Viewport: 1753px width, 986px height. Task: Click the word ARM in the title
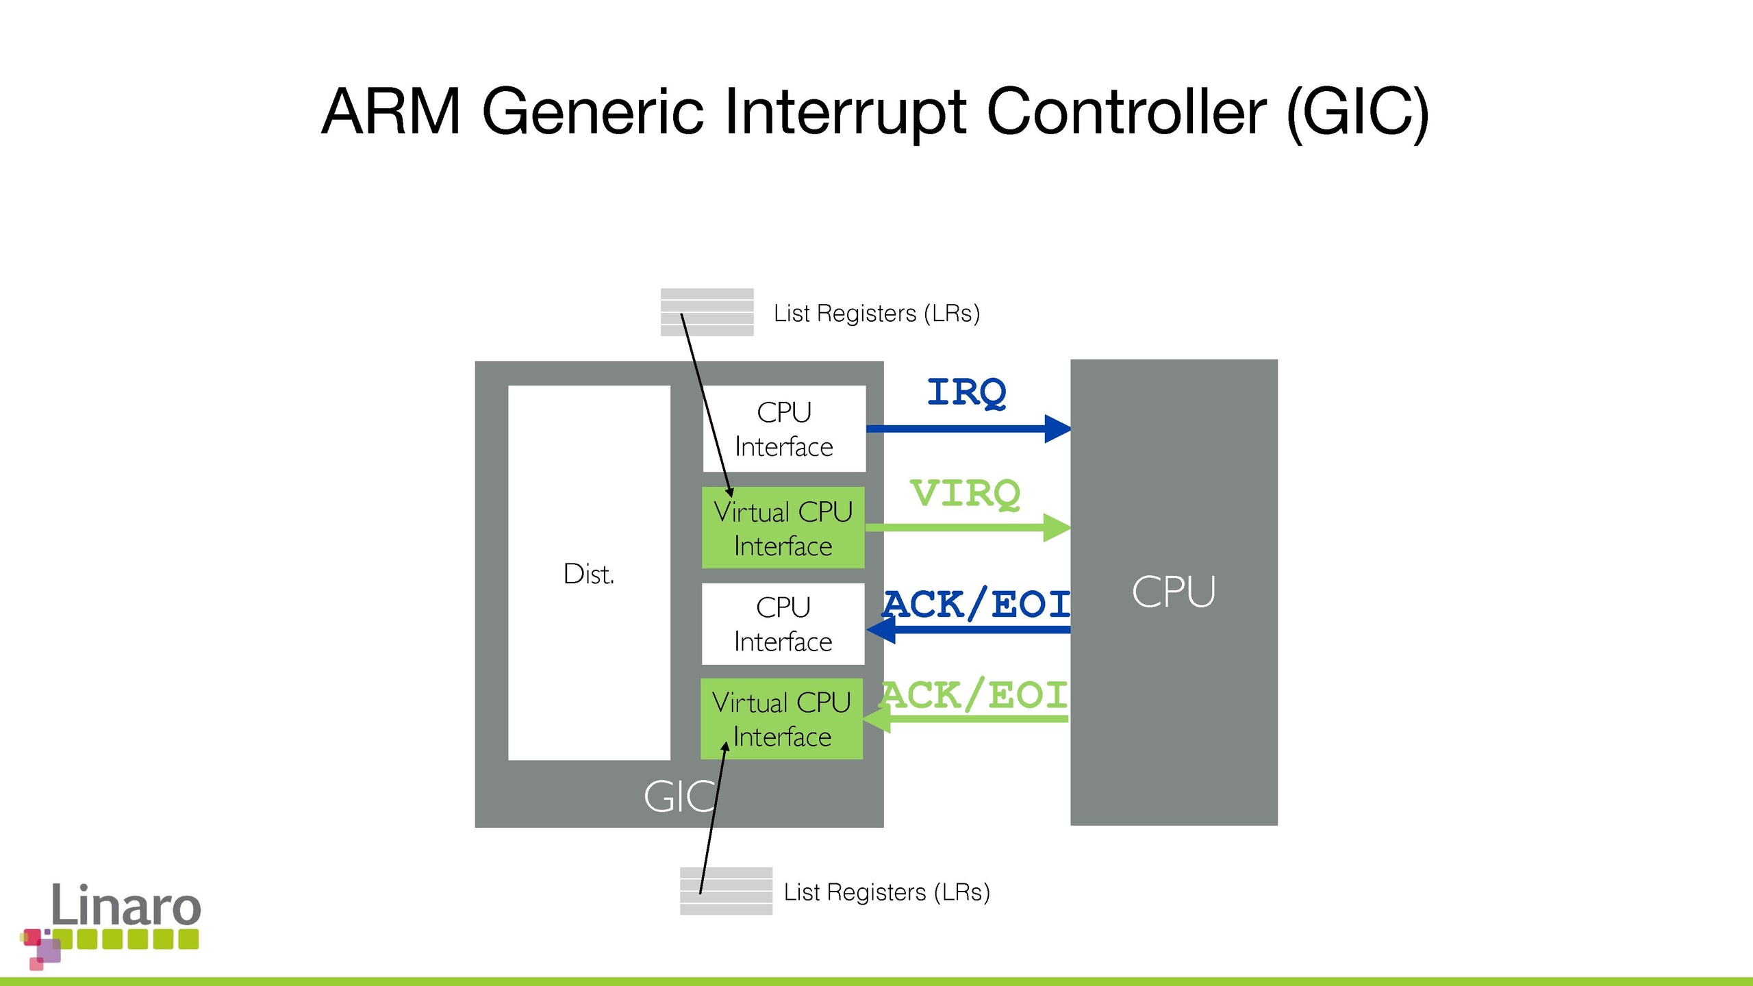391,111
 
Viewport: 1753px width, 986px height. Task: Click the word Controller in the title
1126,111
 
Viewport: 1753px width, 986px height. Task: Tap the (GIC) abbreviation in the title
1358,112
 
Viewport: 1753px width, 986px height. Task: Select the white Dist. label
588,574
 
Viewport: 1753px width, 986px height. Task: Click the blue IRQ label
966,392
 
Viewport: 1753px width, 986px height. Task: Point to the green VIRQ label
965,493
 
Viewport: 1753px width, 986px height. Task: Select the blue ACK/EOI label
976,604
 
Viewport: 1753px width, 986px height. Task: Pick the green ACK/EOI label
974,695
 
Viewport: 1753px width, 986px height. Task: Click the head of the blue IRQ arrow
1057,429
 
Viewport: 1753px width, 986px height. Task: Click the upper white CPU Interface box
784,429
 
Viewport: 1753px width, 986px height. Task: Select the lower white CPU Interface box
783,624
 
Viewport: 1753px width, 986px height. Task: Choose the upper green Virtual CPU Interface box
783,528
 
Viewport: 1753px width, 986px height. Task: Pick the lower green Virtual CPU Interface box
781,719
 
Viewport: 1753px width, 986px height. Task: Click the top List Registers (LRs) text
876,313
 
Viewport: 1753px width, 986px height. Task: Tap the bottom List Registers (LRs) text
887,892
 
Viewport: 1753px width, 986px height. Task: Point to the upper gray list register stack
707,312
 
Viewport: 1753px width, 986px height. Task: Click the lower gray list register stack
726,891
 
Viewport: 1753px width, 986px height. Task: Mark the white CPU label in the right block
1173,592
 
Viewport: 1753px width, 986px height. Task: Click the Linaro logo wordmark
126,905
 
